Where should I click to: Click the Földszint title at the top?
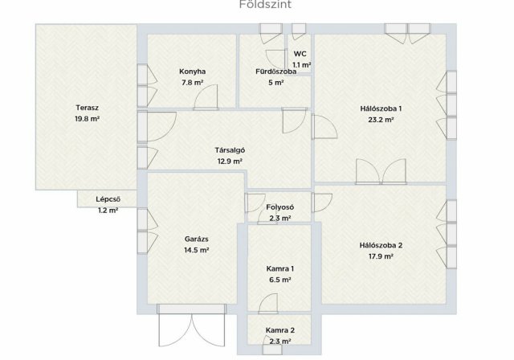click(265, 5)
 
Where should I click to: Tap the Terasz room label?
click(88, 108)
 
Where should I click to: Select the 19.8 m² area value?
click(88, 119)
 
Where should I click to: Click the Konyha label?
click(193, 72)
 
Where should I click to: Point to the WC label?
click(300, 54)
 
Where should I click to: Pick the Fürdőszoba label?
click(276, 72)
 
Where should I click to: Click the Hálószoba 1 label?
click(381, 108)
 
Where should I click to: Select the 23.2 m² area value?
click(381, 120)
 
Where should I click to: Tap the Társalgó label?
click(230, 150)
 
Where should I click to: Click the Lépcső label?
click(108, 199)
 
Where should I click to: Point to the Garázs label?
click(196, 239)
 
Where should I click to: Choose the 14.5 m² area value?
click(196, 250)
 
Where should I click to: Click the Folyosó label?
click(280, 207)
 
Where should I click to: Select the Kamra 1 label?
click(280, 269)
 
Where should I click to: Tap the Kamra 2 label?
click(280, 330)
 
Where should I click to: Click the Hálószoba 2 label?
click(381, 245)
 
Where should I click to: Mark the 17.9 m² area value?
click(381, 256)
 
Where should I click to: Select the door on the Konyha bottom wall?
click(206, 97)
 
